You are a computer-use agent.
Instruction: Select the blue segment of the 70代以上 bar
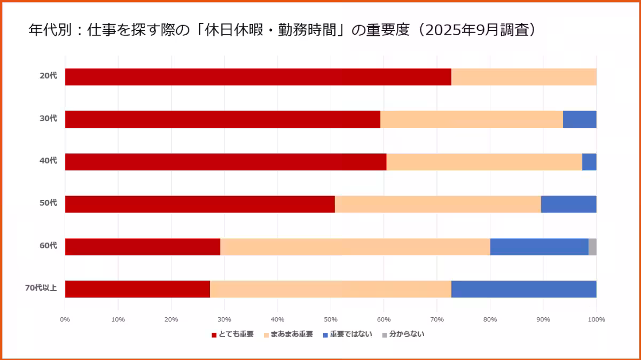click(523, 289)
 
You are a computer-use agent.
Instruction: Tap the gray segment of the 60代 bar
click(592, 247)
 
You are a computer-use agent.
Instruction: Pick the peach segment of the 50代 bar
click(437, 204)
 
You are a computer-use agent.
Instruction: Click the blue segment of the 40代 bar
click(589, 162)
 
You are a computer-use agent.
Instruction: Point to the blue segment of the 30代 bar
click(580, 120)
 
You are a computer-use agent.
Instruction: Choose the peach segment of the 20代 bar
click(523, 77)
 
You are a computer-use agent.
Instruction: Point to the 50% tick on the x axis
click(331, 319)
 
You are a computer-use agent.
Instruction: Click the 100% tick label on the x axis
click(596, 319)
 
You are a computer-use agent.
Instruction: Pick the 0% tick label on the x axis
click(65, 319)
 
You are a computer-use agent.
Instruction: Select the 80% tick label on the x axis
click(490, 319)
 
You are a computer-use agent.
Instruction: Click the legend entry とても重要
click(236, 334)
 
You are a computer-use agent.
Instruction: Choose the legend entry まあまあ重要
click(291, 334)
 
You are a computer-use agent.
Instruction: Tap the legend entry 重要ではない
click(350, 334)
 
